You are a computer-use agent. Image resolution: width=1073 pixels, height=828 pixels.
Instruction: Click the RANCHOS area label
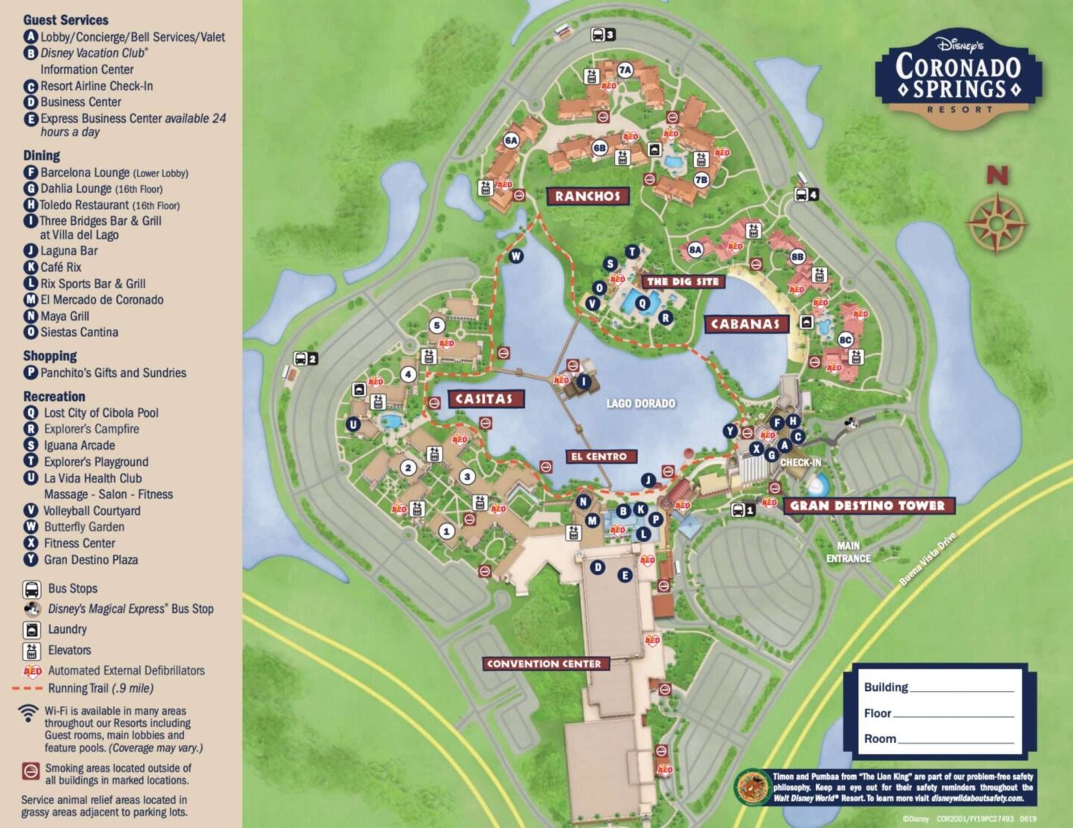587,196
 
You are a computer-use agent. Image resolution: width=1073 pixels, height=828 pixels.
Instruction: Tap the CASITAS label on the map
485,399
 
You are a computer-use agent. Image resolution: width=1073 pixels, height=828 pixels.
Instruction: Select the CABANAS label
745,324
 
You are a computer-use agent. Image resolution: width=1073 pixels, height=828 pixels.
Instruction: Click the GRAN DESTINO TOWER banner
868,506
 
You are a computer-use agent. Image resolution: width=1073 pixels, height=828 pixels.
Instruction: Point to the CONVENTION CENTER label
544,663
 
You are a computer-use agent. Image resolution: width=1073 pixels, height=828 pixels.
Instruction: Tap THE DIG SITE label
683,281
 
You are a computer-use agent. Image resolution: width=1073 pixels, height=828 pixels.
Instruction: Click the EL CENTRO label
599,456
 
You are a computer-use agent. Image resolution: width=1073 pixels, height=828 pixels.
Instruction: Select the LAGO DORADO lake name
640,404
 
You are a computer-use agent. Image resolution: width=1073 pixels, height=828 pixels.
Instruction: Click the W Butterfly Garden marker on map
516,256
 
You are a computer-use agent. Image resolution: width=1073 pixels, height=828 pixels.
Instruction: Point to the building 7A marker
625,70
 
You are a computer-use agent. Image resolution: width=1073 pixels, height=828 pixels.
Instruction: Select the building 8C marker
845,340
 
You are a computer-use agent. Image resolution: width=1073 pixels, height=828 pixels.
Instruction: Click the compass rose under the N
996,223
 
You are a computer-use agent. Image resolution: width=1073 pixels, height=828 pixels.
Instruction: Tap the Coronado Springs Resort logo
958,77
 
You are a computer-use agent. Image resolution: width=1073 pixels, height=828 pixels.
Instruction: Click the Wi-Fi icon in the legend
28,713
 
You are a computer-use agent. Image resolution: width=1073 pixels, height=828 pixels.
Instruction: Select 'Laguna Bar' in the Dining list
69,251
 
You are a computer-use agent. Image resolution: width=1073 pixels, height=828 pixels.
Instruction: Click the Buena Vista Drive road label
927,558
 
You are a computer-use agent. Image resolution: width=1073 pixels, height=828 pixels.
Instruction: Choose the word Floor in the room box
877,713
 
